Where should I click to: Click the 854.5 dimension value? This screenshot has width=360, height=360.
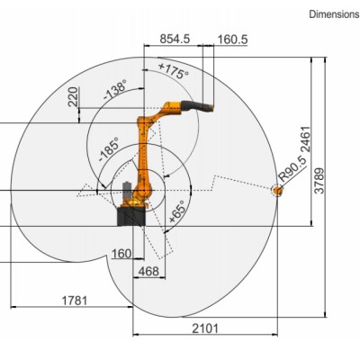point(174,39)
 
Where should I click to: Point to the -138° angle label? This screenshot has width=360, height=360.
point(114,91)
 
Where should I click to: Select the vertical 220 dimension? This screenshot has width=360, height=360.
point(73,96)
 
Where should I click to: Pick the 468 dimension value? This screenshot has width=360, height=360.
point(148,271)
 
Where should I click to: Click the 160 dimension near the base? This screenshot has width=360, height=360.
point(121,253)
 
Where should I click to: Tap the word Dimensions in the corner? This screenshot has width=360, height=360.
point(334,14)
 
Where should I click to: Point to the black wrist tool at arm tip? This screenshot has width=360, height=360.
point(199,107)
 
